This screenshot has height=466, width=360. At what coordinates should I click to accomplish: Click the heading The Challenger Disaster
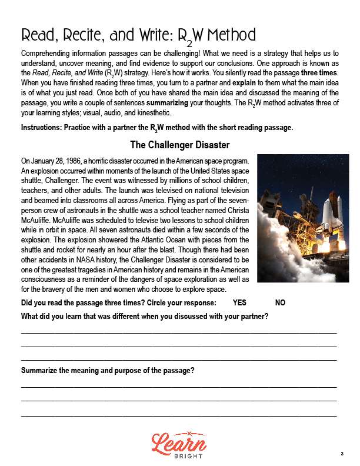click(x=179, y=145)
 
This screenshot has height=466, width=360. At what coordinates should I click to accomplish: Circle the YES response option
click(x=239, y=302)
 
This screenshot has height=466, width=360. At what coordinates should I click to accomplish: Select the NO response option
click(x=281, y=302)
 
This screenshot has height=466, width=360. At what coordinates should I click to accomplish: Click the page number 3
click(x=341, y=453)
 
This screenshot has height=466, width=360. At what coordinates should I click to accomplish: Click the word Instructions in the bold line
click(x=42, y=128)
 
